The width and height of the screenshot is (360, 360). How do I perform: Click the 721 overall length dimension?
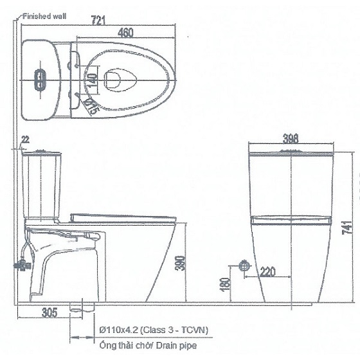click(98, 20)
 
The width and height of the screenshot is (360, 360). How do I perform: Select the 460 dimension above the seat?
click(125, 33)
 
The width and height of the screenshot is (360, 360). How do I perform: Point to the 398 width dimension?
click(291, 138)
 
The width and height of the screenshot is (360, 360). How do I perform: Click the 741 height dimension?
click(347, 227)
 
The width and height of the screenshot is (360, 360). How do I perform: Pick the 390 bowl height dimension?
click(181, 263)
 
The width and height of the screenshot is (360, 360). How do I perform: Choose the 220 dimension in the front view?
click(267, 271)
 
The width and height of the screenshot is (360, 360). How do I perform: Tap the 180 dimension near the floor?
click(225, 285)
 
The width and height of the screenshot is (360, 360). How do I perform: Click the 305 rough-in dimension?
click(50, 312)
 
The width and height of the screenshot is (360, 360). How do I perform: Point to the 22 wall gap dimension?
click(26, 139)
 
